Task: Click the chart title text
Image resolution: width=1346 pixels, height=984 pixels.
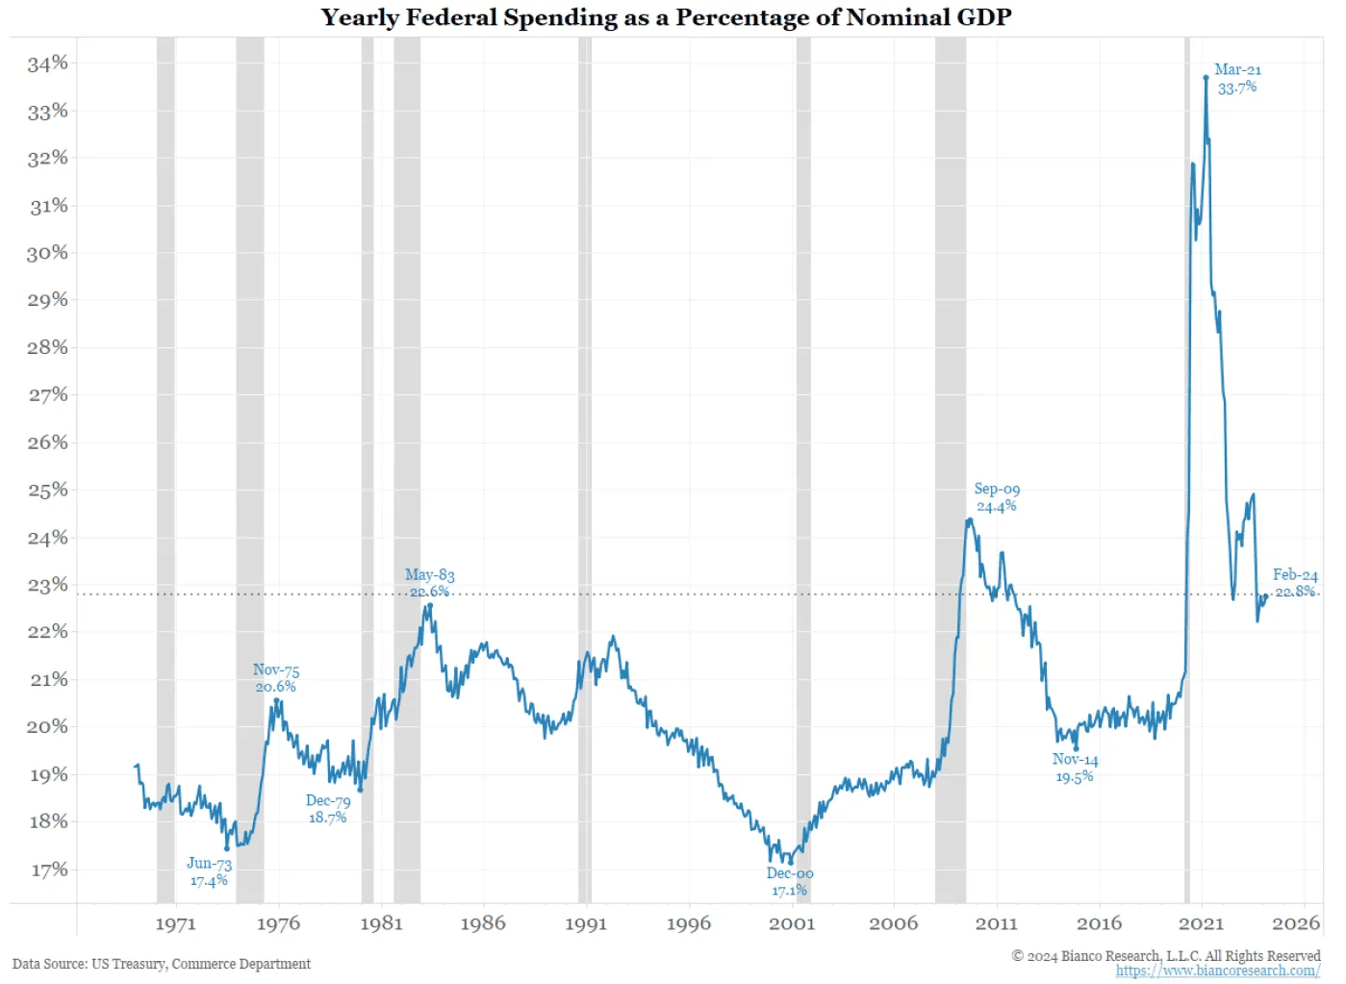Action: (x=666, y=17)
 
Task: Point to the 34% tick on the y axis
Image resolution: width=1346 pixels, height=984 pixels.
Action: (x=48, y=63)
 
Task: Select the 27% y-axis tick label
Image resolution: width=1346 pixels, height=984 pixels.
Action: (x=48, y=394)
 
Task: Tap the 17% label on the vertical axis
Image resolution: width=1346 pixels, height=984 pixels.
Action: (x=48, y=870)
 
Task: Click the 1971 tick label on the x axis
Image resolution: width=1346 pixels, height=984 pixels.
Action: (x=175, y=923)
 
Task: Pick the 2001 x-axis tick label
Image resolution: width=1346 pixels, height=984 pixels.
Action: (x=791, y=923)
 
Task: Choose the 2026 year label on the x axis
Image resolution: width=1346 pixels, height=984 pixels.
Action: (x=1295, y=923)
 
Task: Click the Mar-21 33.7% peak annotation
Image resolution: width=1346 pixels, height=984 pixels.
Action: (x=1237, y=79)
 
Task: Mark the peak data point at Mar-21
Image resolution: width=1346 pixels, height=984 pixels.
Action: (x=1206, y=78)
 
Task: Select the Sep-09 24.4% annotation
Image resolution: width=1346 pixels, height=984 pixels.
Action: (x=997, y=497)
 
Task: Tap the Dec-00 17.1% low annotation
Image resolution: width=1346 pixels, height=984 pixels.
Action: (x=790, y=881)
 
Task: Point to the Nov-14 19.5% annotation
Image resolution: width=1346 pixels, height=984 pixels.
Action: (x=1075, y=768)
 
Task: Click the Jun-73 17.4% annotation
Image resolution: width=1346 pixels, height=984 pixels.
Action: (x=209, y=871)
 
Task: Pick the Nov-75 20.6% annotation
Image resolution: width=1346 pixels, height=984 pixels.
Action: (x=276, y=678)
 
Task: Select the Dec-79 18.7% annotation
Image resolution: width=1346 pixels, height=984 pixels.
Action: (x=328, y=809)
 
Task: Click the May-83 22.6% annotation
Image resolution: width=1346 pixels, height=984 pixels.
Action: (x=429, y=583)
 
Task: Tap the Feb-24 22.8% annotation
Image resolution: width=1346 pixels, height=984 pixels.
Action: (x=1295, y=583)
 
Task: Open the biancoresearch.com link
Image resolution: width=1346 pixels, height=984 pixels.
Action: (x=1217, y=971)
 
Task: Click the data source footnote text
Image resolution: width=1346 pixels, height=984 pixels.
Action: (x=162, y=964)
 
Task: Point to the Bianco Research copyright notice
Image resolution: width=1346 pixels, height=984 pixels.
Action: (x=1166, y=955)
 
